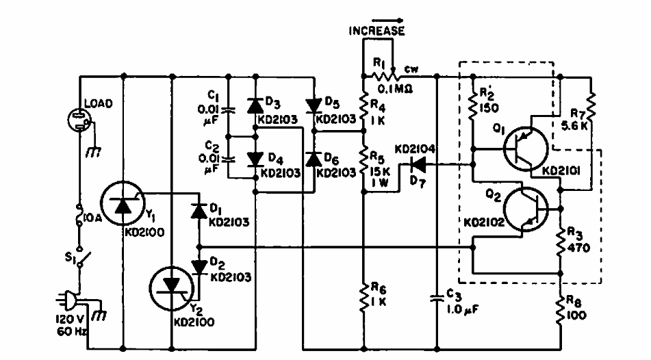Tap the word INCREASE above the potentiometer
tap(376, 31)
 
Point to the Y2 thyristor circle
tap(172, 286)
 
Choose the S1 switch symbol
tap(80, 258)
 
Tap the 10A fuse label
tap(91, 218)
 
